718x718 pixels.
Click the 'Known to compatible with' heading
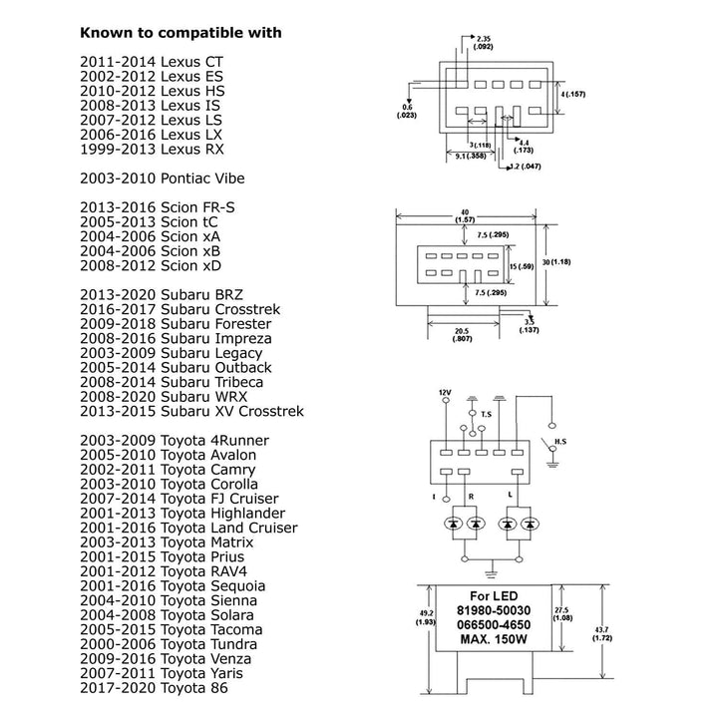pyautogui.click(x=180, y=33)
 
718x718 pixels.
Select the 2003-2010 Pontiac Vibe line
pyautogui.click(x=162, y=178)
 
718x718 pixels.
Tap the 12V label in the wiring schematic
pyautogui.click(x=445, y=392)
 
